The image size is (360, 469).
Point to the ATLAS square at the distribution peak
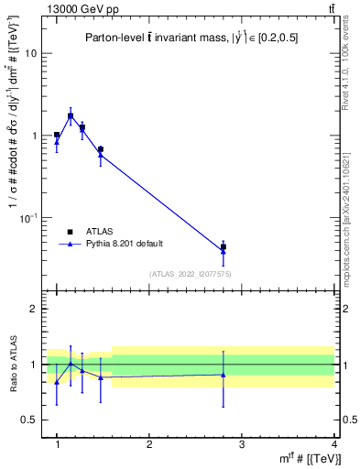tap(71, 116)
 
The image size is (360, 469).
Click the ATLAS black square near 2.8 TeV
tap(224, 246)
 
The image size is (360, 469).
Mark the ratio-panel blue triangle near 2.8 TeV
tap(224, 374)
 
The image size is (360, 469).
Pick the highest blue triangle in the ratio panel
tap(71, 364)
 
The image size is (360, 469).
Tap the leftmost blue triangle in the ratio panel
tap(57, 381)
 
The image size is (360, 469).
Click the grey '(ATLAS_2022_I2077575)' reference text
tap(190, 273)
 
